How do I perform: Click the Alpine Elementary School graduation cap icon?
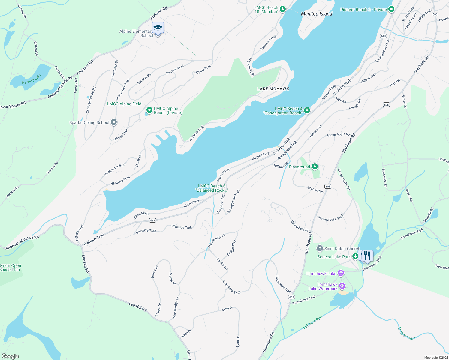tap(158, 28)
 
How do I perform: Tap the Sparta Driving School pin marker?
tap(113, 122)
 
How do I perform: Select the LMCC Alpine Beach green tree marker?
tap(149, 110)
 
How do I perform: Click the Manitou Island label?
tap(317, 14)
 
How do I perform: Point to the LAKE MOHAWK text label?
tap(273, 89)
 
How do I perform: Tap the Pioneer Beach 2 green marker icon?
tap(391, 10)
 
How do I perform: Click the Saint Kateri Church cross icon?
tap(320, 248)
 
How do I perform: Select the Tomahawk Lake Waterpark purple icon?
tap(342, 286)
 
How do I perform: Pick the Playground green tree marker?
tap(315, 166)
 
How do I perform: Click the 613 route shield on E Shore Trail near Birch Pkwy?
tap(152, 220)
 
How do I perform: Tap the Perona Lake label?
tap(32, 79)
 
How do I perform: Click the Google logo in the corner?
tap(10, 356)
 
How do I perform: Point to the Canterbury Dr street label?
tap(300, 226)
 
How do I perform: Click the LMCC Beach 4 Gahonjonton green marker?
tap(307, 110)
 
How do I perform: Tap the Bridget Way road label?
tap(231, 248)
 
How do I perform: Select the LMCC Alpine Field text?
tap(124, 104)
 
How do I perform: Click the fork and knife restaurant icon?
tap(367, 256)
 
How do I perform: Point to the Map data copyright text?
tap(436, 358)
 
